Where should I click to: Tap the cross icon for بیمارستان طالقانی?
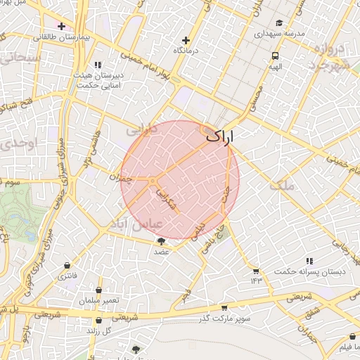(62, 26)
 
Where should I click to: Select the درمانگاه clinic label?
(186, 51)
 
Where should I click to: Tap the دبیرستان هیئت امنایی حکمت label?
(97, 79)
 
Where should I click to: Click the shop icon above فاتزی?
(67, 266)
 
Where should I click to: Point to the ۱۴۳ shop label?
(255, 281)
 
